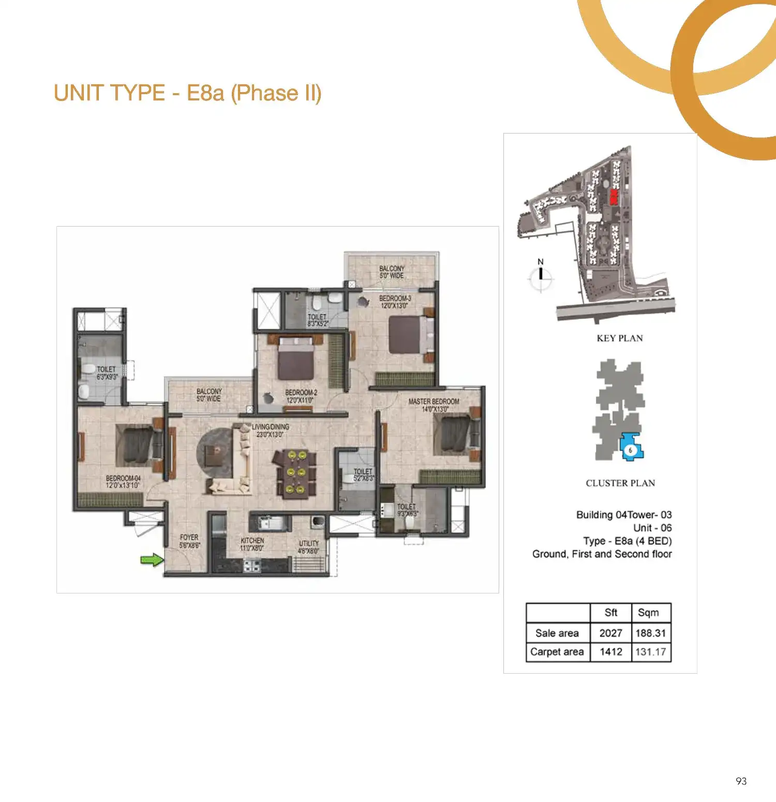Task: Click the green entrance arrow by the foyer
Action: click(x=152, y=559)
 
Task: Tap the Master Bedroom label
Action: click(x=434, y=405)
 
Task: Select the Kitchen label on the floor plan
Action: click(x=252, y=544)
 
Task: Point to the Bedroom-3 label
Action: click(x=395, y=302)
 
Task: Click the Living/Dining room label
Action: click(x=270, y=430)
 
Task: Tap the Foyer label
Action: click(x=189, y=541)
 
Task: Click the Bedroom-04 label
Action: click(x=123, y=482)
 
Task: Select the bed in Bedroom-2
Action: click(x=295, y=359)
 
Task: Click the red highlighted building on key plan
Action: click(x=614, y=197)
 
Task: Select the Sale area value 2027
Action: click(x=610, y=633)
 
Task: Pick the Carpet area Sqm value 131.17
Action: click(x=650, y=651)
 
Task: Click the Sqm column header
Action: click(x=648, y=613)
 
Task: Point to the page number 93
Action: click(x=741, y=781)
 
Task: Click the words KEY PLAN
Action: click(x=620, y=338)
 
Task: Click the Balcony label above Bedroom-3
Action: click(x=392, y=272)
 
